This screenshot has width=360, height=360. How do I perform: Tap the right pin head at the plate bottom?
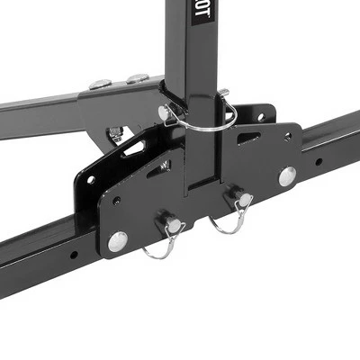(x=239, y=197)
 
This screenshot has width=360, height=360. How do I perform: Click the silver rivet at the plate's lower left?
(x=117, y=240)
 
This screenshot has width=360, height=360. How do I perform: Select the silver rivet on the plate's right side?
(x=287, y=175)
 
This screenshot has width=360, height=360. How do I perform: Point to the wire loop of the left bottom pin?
(x=163, y=248)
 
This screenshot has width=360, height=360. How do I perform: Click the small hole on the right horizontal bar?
(x=319, y=163)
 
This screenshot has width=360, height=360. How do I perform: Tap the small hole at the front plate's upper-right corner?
(x=289, y=136)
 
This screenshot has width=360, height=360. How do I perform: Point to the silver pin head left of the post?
(x=166, y=112)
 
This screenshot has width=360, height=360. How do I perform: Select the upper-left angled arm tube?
(x=45, y=103)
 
